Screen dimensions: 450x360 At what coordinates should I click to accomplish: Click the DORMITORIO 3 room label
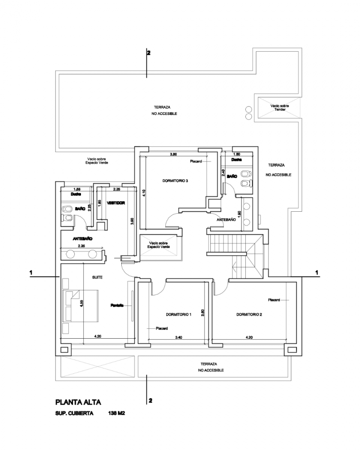(175, 180)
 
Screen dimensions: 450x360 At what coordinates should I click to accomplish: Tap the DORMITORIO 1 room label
(179, 314)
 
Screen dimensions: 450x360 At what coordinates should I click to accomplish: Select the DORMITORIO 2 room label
(249, 314)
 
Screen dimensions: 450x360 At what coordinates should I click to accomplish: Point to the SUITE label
(97, 277)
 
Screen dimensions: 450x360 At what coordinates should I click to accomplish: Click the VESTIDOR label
(116, 203)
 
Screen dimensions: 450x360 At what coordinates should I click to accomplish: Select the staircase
(234, 253)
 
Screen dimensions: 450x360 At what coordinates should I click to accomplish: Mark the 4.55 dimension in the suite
(82, 306)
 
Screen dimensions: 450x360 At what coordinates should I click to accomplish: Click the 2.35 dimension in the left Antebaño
(81, 245)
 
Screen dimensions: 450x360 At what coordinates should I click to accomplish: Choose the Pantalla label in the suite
(117, 305)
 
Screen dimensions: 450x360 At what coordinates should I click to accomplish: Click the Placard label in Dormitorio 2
(274, 300)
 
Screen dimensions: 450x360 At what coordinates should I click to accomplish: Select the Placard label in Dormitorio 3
(196, 162)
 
